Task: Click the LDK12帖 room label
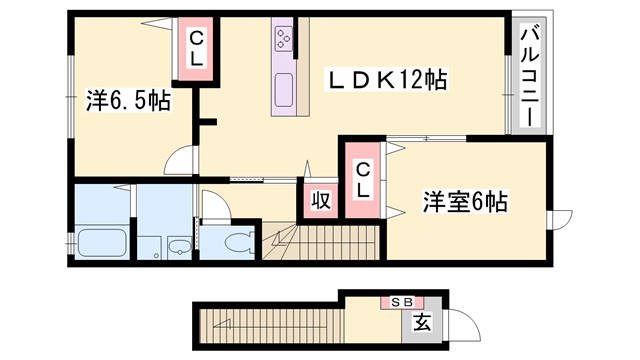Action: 390,79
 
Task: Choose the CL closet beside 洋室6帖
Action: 363,180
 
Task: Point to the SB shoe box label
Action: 400,301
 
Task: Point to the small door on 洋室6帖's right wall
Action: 562,219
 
